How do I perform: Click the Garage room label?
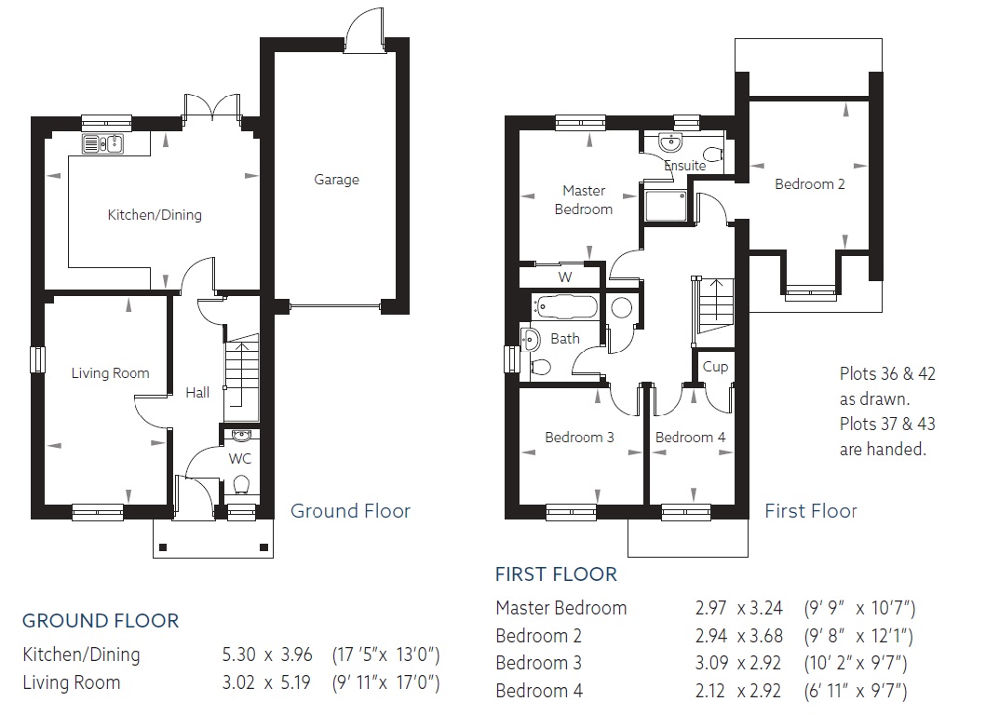336,180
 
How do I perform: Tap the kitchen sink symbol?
102,144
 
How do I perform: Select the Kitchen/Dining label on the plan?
155,215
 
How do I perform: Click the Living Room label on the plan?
110,372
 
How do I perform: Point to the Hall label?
197,393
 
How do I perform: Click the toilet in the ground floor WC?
241,484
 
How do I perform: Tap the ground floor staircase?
242,376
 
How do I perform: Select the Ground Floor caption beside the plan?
350,510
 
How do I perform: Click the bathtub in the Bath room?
566,307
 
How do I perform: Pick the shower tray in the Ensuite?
666,205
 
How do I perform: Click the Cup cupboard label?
715,367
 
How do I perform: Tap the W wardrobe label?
565,277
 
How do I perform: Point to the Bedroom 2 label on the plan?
810,184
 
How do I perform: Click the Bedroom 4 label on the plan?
690,438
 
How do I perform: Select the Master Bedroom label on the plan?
584,199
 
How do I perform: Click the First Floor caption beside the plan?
810,510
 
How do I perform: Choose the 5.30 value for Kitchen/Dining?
239,654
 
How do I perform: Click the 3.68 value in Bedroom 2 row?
766,635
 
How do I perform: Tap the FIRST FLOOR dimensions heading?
556,574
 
